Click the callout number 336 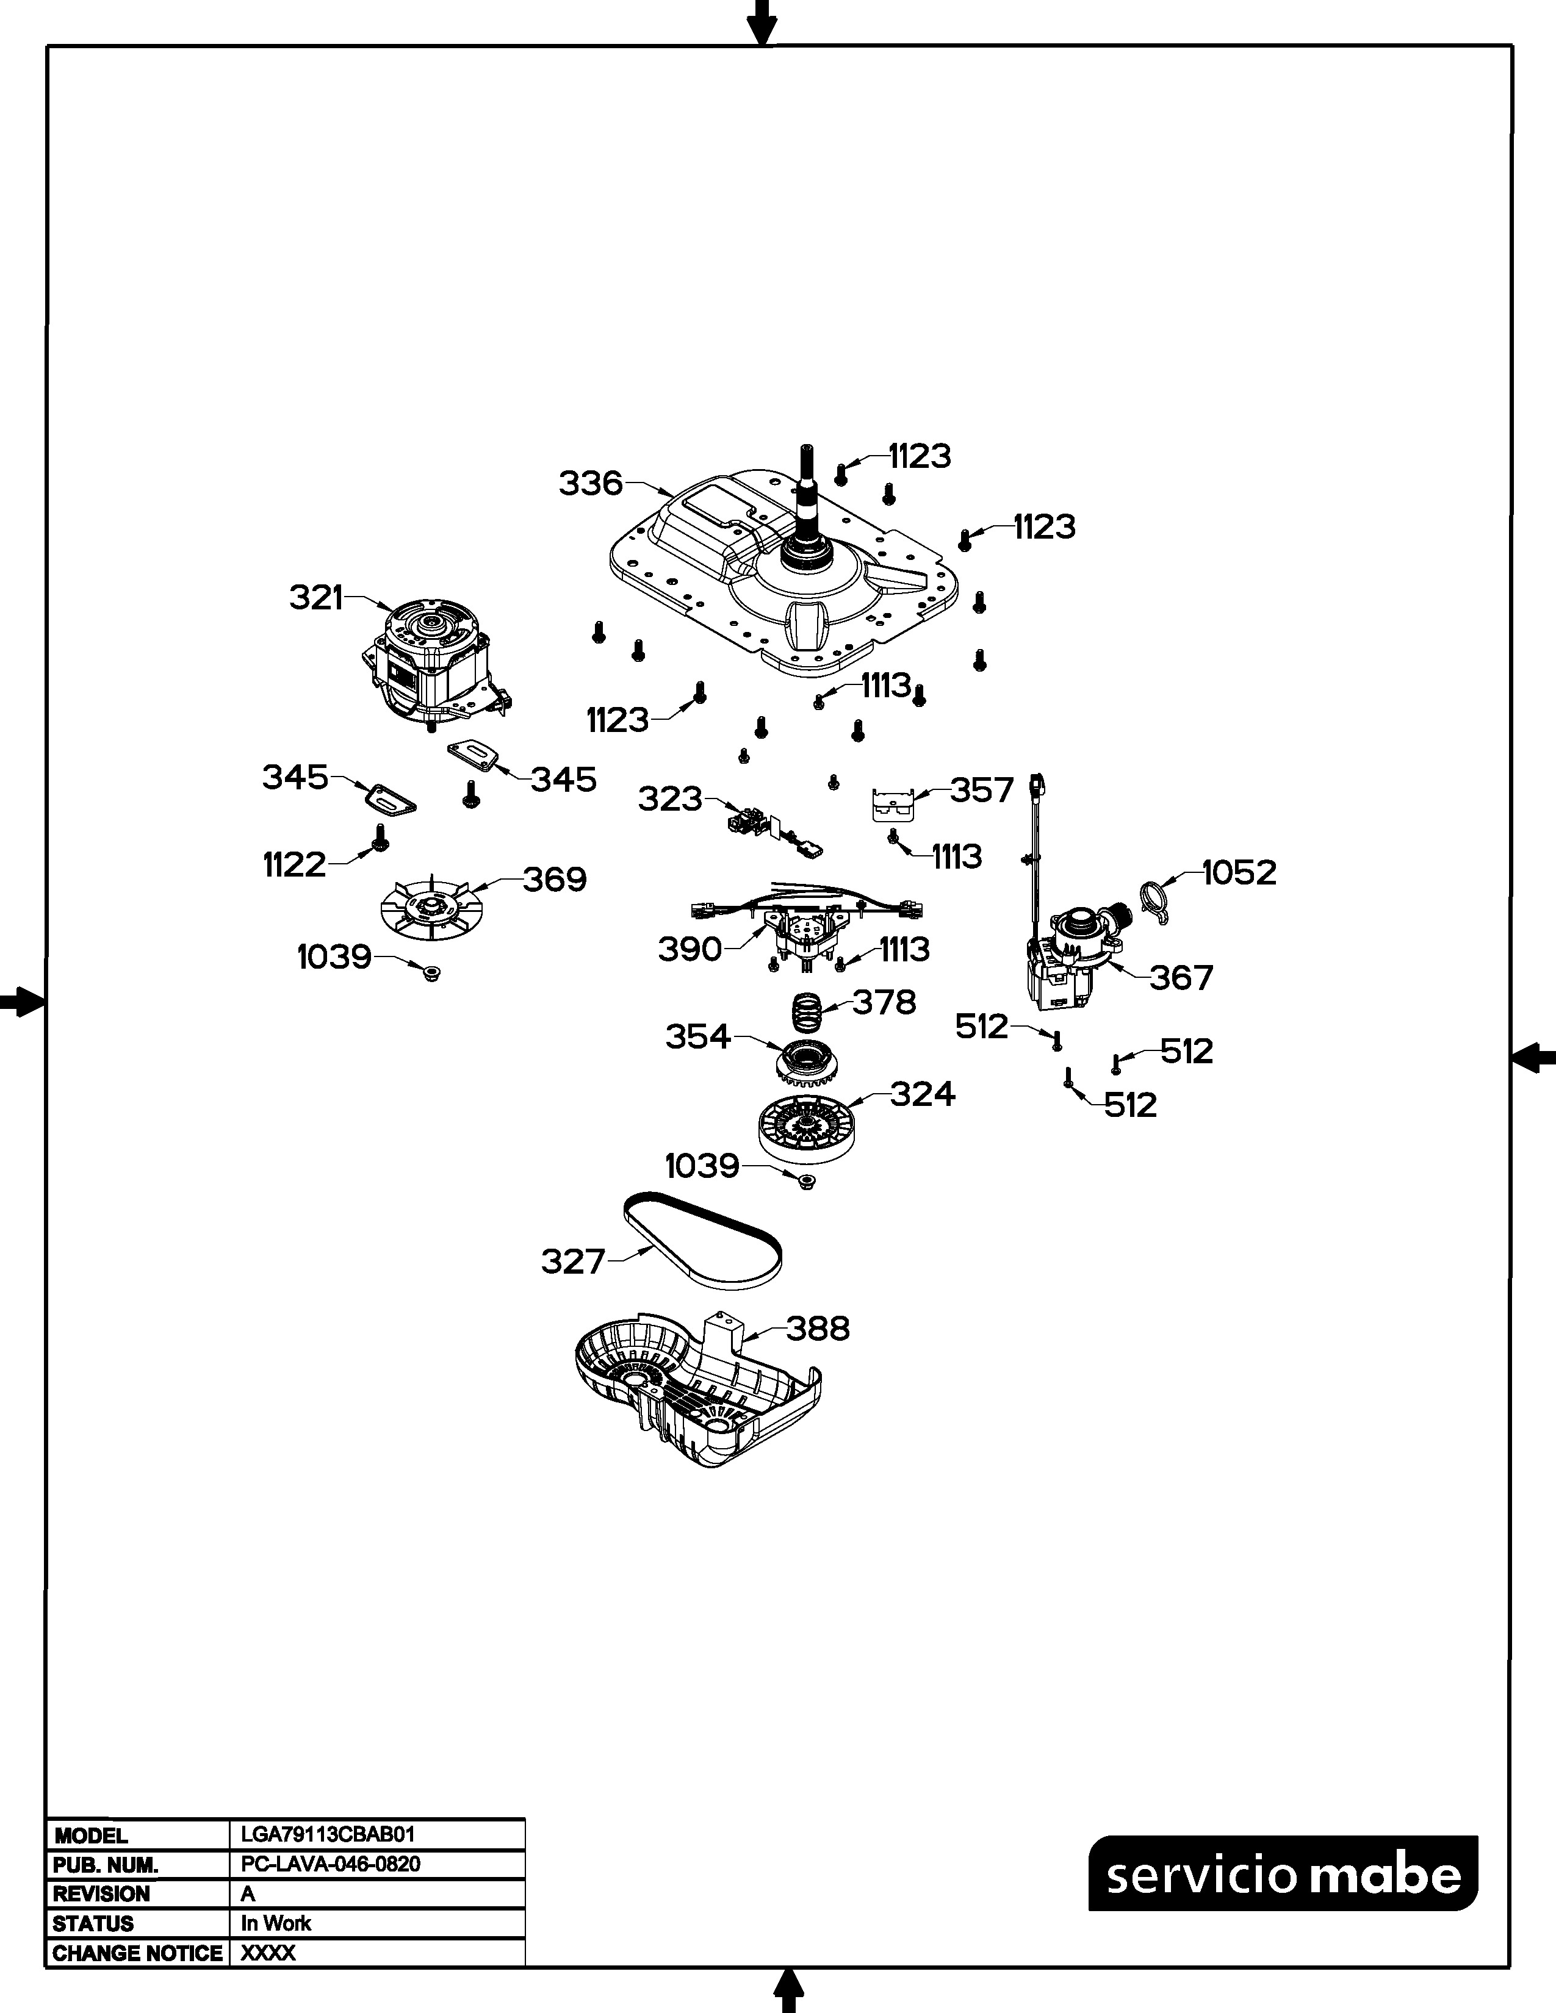[x=590, y=483]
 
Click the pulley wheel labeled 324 [x=801, y=1129]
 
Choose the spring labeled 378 [x=809, y=1011]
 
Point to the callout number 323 [x=670, y=798]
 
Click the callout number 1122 [x=294, y=864]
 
